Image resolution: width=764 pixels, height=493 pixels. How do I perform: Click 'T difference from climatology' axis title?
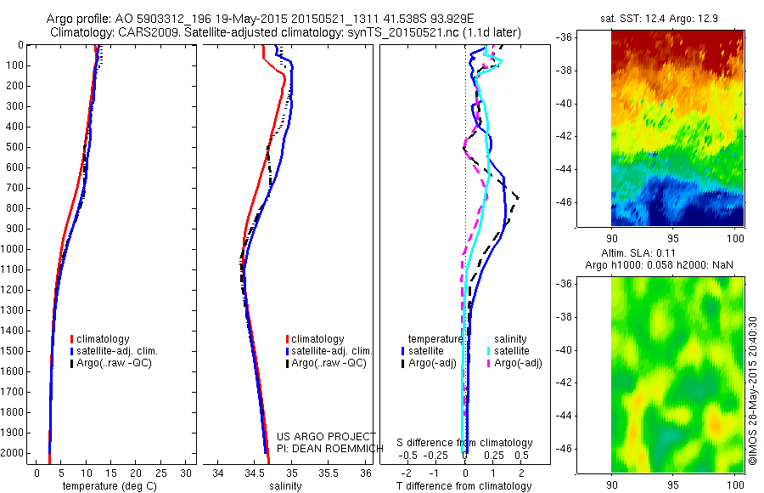[464, 486]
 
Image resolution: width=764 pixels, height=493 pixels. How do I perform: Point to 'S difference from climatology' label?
[464, 443]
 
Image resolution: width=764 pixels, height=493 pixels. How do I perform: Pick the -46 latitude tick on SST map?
[565, 202]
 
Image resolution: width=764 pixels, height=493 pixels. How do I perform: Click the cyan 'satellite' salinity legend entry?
[511, 350]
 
